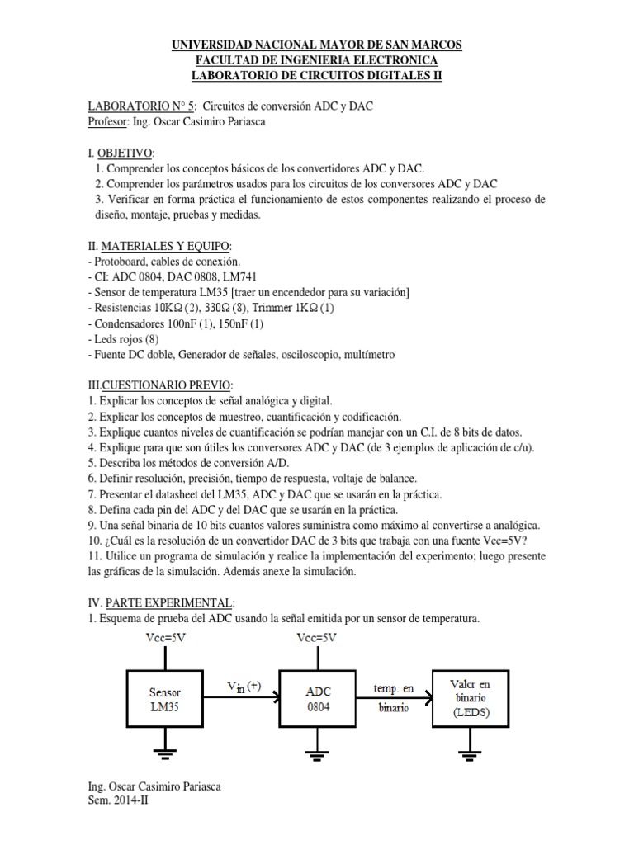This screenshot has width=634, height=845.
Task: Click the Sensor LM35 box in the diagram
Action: (165, 698)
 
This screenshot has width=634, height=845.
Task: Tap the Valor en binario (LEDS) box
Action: (471, 698)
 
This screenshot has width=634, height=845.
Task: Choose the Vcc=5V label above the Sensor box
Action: (165, 638)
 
